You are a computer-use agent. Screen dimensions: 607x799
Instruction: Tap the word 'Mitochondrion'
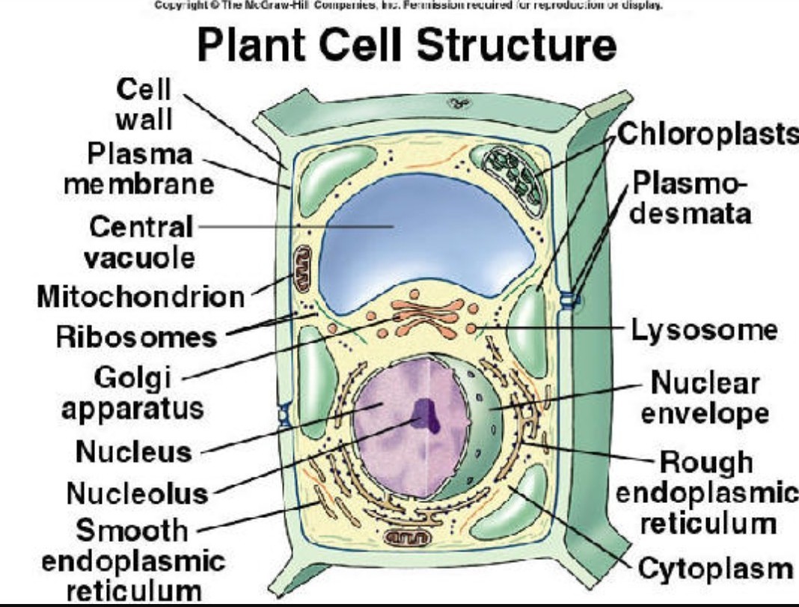click(x=141, y=297)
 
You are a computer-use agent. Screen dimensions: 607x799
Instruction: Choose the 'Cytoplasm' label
click(x=714, y=569)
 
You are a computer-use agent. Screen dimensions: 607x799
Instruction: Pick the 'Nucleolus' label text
click(x=137, y=493)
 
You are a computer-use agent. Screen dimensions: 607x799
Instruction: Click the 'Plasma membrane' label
click(x=139, y=168)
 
